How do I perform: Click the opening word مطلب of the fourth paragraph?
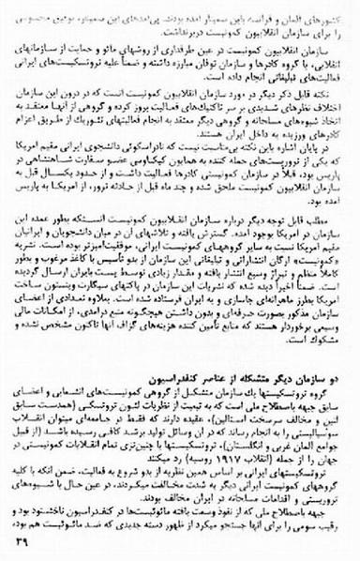(333, 240)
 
